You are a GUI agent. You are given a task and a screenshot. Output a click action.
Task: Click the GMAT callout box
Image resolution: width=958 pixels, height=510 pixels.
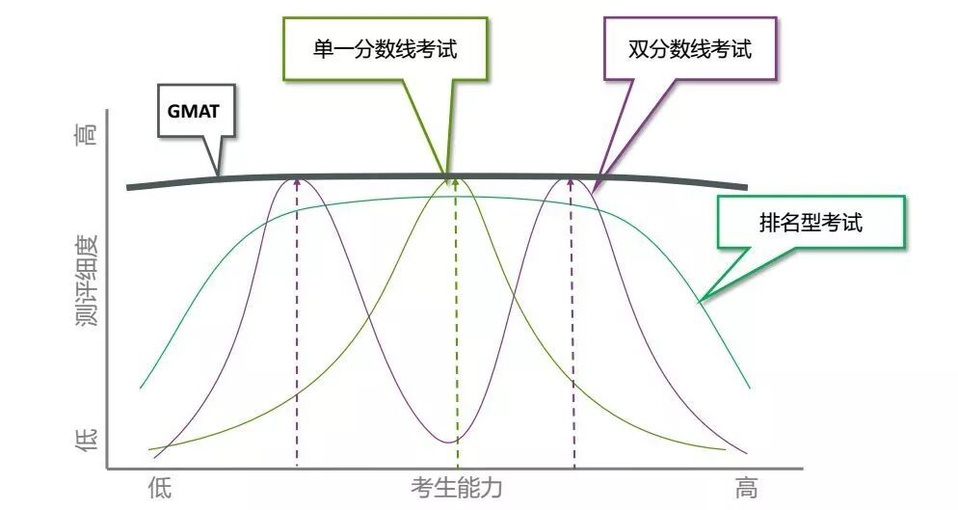click(x=194, y=111)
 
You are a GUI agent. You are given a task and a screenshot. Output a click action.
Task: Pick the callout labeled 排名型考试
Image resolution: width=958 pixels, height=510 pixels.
click(x=810, y=224)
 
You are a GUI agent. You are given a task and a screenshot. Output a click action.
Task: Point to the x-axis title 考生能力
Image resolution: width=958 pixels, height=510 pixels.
click(x=456, y=487)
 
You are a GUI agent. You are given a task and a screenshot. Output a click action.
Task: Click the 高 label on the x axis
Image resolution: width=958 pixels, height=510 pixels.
click(x=746, y=488)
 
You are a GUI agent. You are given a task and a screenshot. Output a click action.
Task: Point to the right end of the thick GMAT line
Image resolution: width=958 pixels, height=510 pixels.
click(x=745, y=187)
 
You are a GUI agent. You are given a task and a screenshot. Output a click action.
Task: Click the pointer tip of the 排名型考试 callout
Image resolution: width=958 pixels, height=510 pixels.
click(x=700, y=302)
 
